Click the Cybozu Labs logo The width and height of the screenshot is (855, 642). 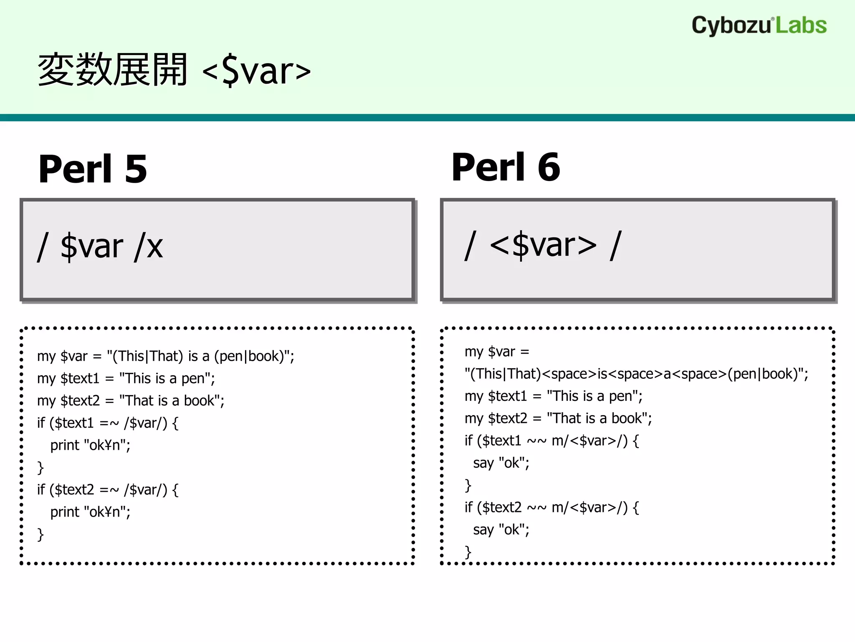click(x=759, y=25)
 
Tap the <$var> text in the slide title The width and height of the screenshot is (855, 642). click(x=256, y=71)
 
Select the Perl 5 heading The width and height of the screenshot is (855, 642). click(x=93, y=169)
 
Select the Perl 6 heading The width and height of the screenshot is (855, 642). click(x=506, y=167)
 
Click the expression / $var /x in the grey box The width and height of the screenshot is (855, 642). click(x=100, y=247)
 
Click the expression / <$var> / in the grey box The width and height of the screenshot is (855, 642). click(x=543, y=246)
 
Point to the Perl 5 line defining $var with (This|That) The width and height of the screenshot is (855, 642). click(x=165, y=356)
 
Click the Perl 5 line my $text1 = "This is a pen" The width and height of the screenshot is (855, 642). click(x=126, y=378)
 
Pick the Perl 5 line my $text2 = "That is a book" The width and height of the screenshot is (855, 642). click(x=130, y=400)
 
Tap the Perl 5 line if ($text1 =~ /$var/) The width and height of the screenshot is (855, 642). click(x=108, y=423)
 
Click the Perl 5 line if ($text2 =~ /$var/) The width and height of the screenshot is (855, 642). click(x=108, y=489)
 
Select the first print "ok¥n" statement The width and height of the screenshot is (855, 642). click(x=90, y=445)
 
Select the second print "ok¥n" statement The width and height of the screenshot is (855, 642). click(x=90, y=512)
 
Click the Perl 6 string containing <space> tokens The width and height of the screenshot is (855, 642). click(x=636, y=374)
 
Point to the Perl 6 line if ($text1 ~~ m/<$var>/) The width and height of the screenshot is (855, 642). click(x=551, y=441)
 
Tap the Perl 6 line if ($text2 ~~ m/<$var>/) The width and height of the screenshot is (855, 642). click(x=551, y=507)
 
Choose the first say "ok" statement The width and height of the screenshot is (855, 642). click(x=501, y=463)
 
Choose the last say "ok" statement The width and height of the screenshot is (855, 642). click(x=501, y=530)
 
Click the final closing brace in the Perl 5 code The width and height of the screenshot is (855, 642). click(x=40, y=535)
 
